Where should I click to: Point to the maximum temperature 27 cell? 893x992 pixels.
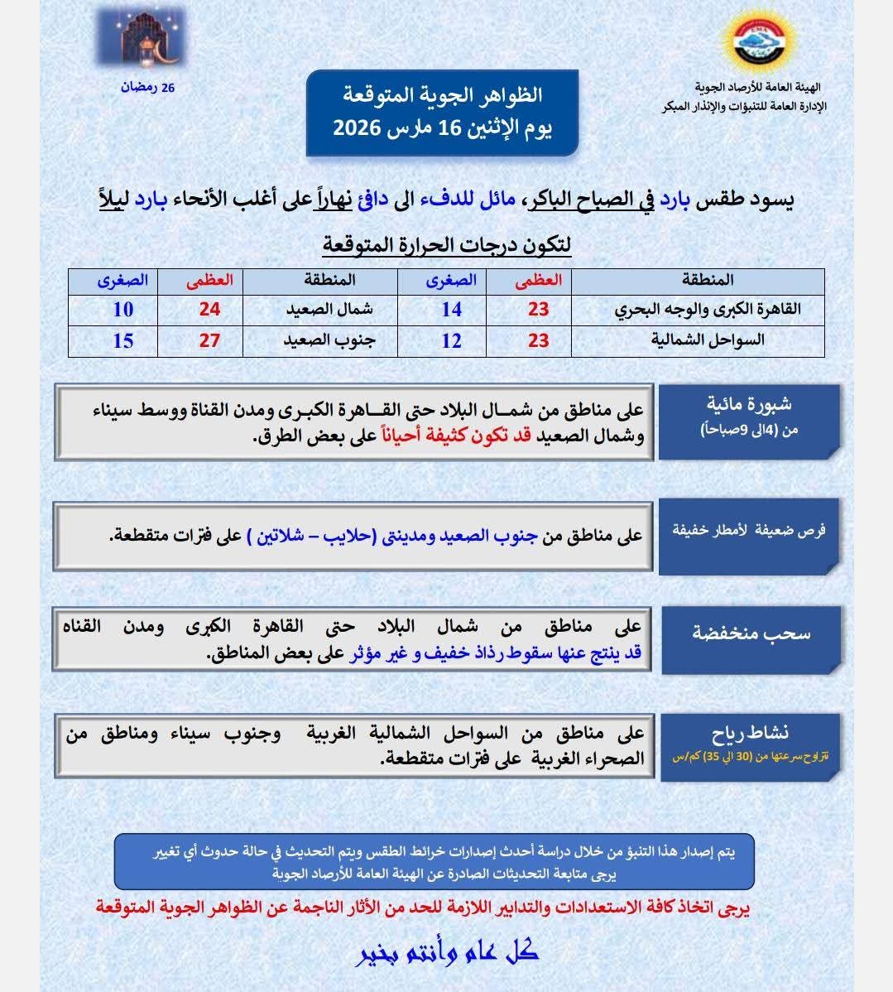tap(209, 340)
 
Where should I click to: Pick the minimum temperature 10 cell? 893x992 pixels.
tap(123, 310)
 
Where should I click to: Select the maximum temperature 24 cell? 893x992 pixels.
tap(209, 310)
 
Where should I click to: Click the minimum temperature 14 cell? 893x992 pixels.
tap(452, 310)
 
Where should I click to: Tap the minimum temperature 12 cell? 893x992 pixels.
tap(452, 340)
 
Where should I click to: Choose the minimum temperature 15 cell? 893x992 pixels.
tap(123, 340)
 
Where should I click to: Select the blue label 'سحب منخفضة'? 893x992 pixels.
tap(751, 633)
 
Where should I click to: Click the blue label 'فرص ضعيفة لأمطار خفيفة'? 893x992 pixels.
tap(750, 531)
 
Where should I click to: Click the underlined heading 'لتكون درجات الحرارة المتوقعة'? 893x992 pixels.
tap(447, 246)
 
